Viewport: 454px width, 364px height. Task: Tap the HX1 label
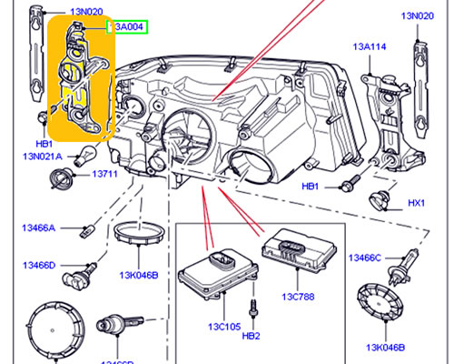pyautogui.click(x=417, y=202)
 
